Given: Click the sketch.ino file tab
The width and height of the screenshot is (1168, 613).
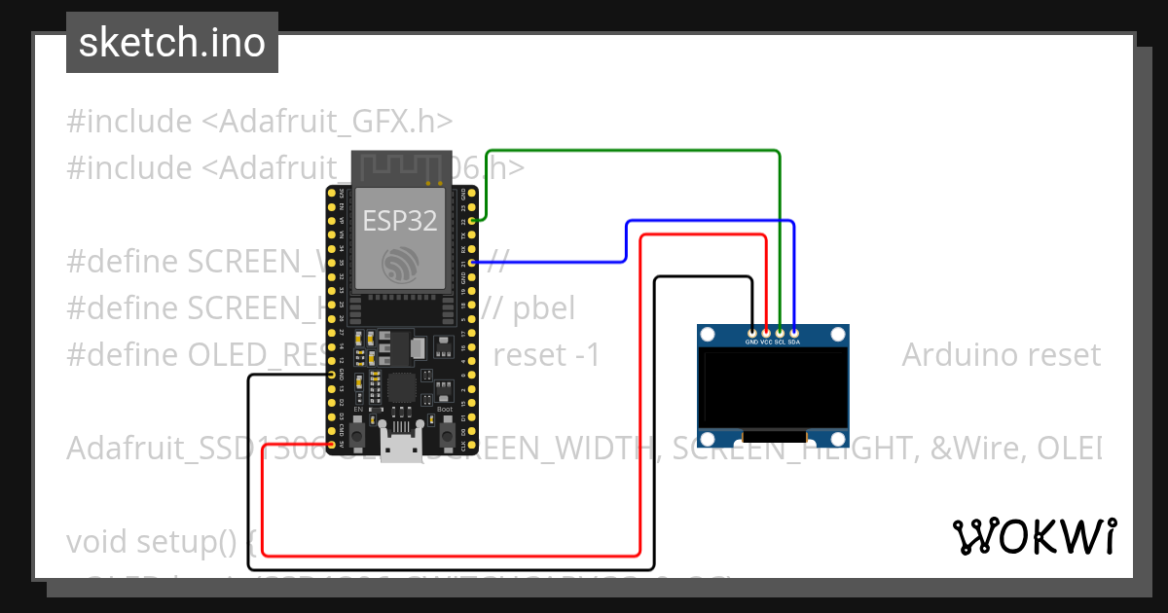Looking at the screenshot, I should click(172, 43).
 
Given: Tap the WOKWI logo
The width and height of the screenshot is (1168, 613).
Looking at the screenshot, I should click(1034, 536).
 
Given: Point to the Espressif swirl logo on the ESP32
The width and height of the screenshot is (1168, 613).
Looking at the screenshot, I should click(401, 264).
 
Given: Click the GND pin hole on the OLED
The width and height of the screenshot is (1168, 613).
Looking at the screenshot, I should click(751, 332).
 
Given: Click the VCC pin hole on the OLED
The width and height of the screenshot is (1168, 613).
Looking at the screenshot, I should click(766, 332).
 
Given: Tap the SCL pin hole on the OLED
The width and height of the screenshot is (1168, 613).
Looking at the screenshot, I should click(780, 332).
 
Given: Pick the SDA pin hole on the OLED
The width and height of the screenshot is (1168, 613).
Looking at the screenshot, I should click(794, 332).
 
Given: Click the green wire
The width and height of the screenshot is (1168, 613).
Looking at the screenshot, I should click(633, 151).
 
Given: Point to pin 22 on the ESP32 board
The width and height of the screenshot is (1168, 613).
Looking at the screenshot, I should click(472, 221).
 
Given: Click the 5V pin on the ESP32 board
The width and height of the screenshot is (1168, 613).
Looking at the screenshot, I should click(333, 445).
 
